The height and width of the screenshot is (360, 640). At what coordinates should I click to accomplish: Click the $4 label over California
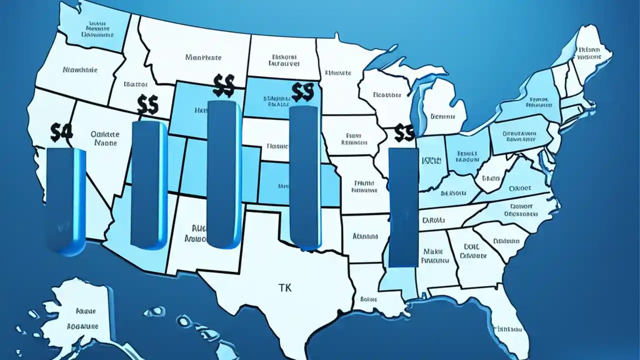(x=62, y=132)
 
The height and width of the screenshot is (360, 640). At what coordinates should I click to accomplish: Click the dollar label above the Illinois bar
(x=404, y=132)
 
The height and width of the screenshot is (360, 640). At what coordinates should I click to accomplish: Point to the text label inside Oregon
(x=80, y=70)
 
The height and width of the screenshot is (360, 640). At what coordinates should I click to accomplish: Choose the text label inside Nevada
(x=105, y=138)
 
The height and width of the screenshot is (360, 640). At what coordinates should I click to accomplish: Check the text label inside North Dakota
(x=283, y=60)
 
